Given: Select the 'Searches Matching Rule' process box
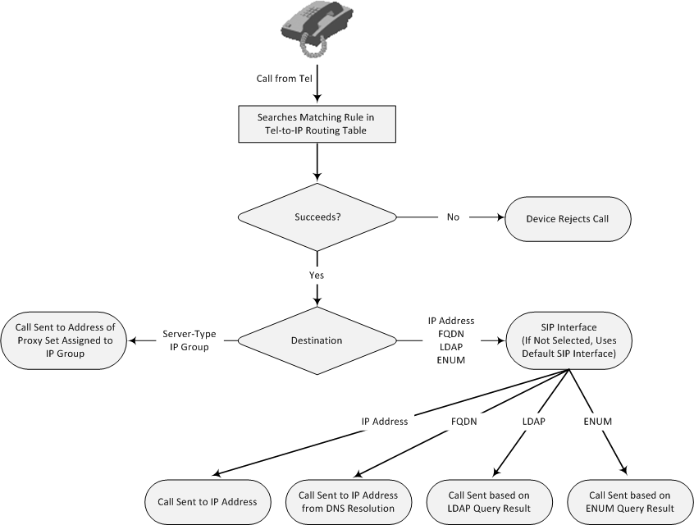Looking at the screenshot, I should pos(316,124).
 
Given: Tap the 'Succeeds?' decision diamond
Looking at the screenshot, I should pos(316,217).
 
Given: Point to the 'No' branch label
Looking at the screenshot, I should pos(453,217).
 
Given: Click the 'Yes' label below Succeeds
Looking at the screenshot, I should pos(316,275).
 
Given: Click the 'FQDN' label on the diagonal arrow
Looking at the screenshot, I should pos(463,422).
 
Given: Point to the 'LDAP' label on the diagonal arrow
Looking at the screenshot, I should pos(534,422).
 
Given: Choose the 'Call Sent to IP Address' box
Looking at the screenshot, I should pos(201,502).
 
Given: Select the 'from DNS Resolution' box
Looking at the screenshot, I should pos(348,502).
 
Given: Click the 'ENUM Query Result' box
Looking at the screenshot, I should pos(630,502).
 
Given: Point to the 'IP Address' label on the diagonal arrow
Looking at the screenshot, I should pos(385,422).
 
